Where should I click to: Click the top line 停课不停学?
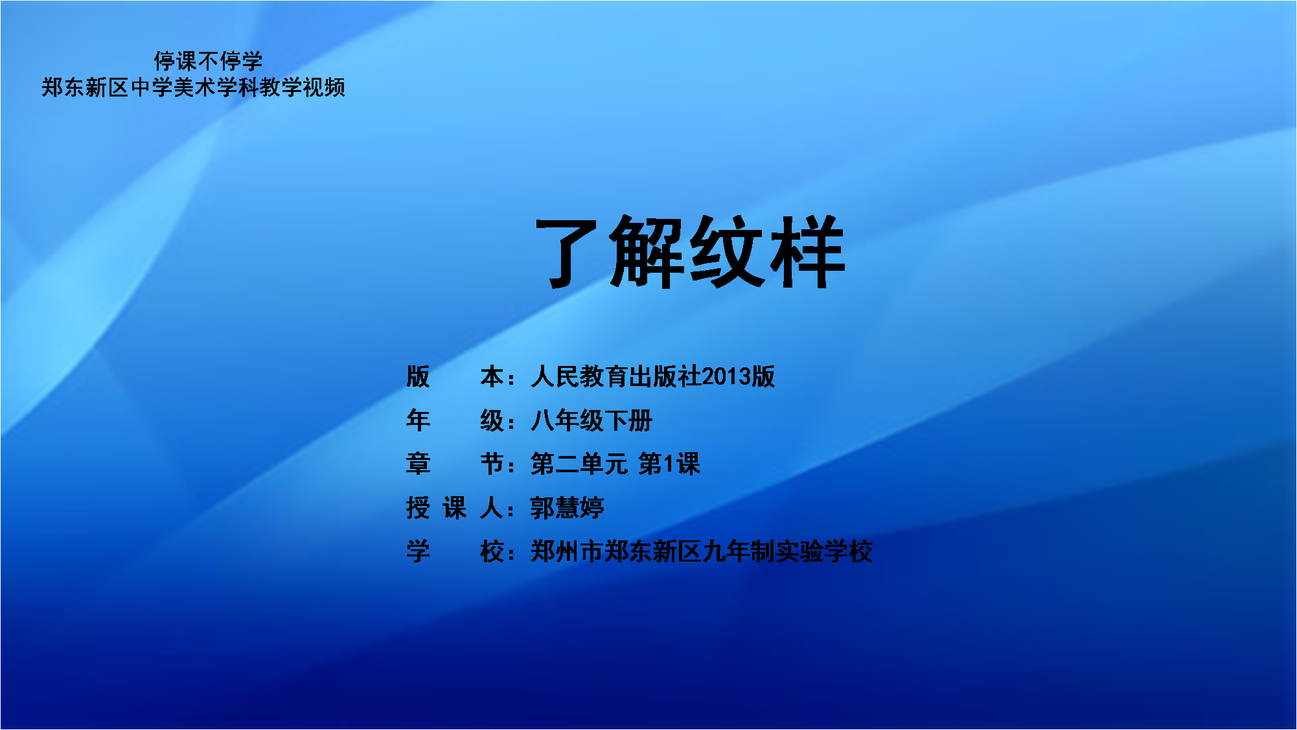208,61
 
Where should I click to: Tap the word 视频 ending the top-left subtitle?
324,87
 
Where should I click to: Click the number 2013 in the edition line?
726,376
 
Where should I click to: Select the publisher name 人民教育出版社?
616,376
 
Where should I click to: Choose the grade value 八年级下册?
591,420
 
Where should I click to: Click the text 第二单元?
579,464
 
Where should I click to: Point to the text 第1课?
669,464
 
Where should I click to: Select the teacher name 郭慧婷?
568,508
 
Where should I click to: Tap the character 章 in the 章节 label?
418,464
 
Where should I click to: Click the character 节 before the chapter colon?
492,464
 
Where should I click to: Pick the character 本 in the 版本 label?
492,376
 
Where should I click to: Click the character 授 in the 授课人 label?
418,508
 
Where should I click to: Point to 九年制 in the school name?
739,551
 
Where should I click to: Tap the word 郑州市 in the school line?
568,551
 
